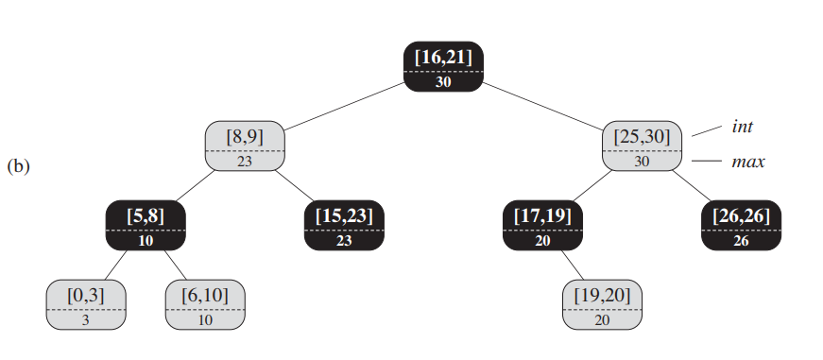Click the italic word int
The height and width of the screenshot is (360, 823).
click(x=742, y=126)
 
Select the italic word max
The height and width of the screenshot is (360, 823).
click(x=747, y=162)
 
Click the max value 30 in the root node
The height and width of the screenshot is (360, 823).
click(x=443, y=81)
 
